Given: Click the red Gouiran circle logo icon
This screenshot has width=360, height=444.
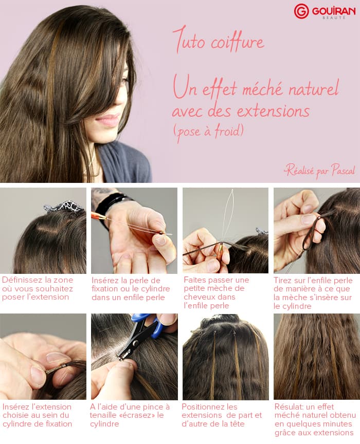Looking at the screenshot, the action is point(301,11).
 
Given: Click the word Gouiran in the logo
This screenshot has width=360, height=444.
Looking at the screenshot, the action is point(333,11).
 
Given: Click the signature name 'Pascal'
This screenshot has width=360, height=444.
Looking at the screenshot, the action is point(343,171).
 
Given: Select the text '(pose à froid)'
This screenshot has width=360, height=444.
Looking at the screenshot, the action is point(209,132).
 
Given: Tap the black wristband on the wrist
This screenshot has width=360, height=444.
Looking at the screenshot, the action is point(111,204).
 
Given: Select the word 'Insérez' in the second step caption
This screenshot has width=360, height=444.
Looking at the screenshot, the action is point(104,280).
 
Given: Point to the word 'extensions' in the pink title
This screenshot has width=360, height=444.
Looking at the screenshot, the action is point(273,110).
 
